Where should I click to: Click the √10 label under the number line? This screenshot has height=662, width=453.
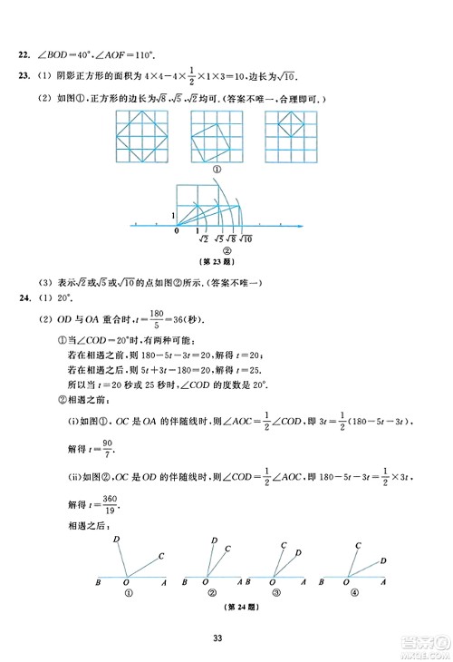click(x=246, y=239)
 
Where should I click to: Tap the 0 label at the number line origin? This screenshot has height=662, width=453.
click(x=177, y=231)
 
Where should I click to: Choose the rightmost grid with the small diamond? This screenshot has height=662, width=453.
click(x=289, y=132)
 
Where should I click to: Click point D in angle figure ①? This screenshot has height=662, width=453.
click(x=118, y=540)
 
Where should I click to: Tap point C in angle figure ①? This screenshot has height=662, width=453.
click(x=160, y=556)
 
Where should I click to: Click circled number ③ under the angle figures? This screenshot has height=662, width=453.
click(x=283, y=593)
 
